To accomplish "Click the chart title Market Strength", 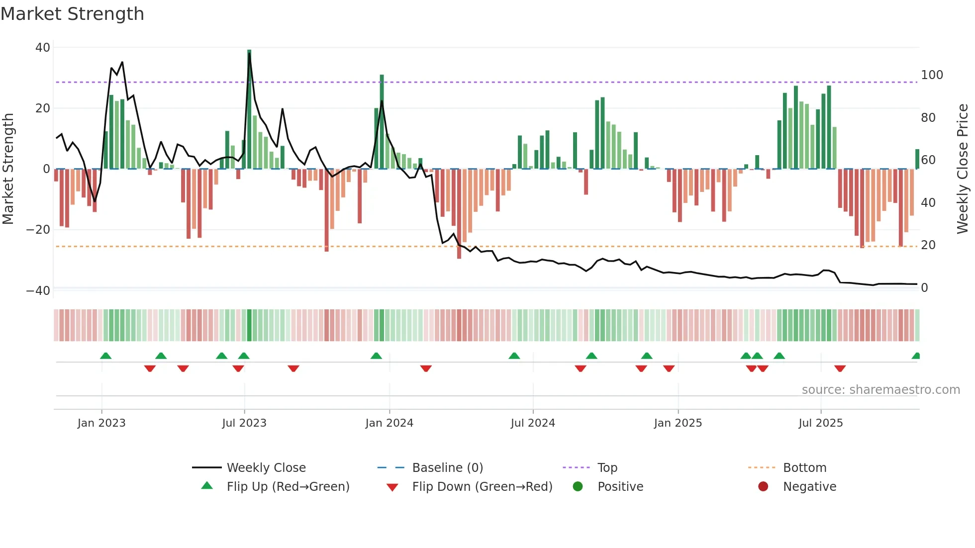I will pyautogui.click(x=72, y=14).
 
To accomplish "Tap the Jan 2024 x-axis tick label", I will pyautogui.click(x=389, y=423).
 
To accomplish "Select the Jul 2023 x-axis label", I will pyautogui.click(x=244, y=423).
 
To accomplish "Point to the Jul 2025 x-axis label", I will pyautogui.click(x=821, y=423).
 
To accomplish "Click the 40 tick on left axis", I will pyautogui.click(x=43, y=48).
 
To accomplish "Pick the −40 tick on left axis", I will pyautogui.click(x=38, y=290).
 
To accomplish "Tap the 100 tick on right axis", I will pyautogui.click(x=932, y=75).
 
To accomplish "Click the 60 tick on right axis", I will pyautogui.click(x=928, y=160).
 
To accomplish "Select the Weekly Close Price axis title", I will pyautogui.click(x=963, y=169).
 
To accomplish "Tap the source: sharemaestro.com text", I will pyautogui.click(x=880, y=390).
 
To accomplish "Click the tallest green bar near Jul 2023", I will pyautogui.click(x=249, y=109).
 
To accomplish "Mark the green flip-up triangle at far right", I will pyautogui.click(x=916, y=356).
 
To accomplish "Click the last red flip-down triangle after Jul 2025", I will pyautogui.click(x=840, y=368).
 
